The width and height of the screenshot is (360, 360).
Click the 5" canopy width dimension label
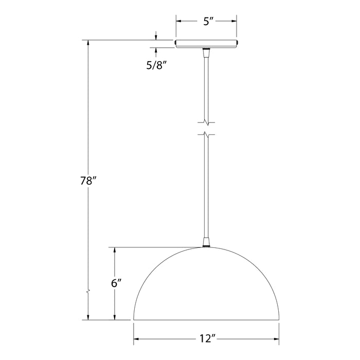[x=206, y=21]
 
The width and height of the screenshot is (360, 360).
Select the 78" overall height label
[x=88, y=182]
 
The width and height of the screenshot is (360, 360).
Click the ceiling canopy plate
[x=206, y=44]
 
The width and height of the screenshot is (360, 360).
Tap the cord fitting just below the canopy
[x=206, y=53]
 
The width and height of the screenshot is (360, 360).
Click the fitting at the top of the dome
[x=206, y=242]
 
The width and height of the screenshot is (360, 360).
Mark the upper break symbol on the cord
[x=206, y=122]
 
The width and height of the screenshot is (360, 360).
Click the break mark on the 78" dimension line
[x=88, y=292]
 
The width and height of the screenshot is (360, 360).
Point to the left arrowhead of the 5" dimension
[x=179, y=21]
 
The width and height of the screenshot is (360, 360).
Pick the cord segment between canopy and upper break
[x=206, y=87]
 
